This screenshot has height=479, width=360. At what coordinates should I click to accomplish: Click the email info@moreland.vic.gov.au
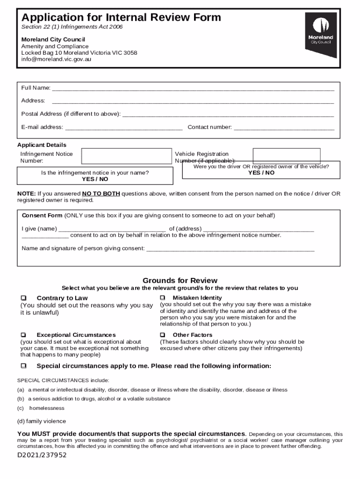(56, 59)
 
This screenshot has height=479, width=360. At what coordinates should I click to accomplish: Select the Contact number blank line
(284, 127)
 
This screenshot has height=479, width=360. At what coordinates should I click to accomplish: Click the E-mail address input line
(124, 127)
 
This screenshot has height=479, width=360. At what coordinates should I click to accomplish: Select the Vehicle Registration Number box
(286, 156)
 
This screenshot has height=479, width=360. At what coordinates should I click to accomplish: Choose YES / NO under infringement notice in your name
(95, 179)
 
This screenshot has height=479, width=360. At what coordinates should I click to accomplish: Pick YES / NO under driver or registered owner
(261, 173)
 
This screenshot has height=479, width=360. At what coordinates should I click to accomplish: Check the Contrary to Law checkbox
(24, 298)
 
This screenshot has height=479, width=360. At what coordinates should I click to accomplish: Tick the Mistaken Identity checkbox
(162, 298)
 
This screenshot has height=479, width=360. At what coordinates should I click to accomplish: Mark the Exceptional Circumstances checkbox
(24, 335)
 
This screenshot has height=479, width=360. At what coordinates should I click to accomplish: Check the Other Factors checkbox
(162, 335)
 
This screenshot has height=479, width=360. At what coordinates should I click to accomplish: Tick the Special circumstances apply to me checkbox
(24, 366)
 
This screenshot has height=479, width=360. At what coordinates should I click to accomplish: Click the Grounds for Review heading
(180, 281)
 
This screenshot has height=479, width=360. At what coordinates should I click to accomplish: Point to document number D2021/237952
(42, 455)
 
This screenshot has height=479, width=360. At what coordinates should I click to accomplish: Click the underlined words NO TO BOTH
(101, 194)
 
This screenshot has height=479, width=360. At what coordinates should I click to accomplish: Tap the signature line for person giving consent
(230, 249)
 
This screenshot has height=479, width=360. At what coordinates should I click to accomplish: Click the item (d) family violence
(42, 421)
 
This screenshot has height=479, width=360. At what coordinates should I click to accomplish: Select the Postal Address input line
(228, 114)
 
